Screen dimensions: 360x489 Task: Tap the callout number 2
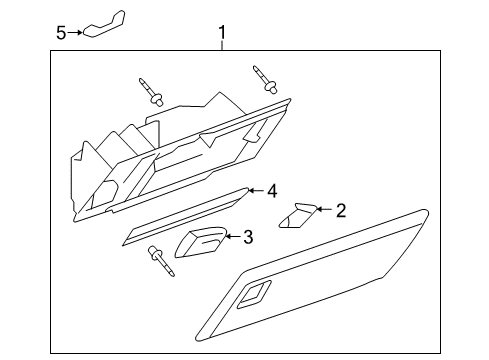pos(341,210)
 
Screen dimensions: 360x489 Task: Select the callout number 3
pos(247,237)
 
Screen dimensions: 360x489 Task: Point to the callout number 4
pos(270,190)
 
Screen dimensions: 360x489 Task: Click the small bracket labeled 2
pos(297,215)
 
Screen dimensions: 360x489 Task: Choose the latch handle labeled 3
pos(200,242)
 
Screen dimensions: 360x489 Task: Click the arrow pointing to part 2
pos(323,210)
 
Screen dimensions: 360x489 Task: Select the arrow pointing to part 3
pos(230,237)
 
